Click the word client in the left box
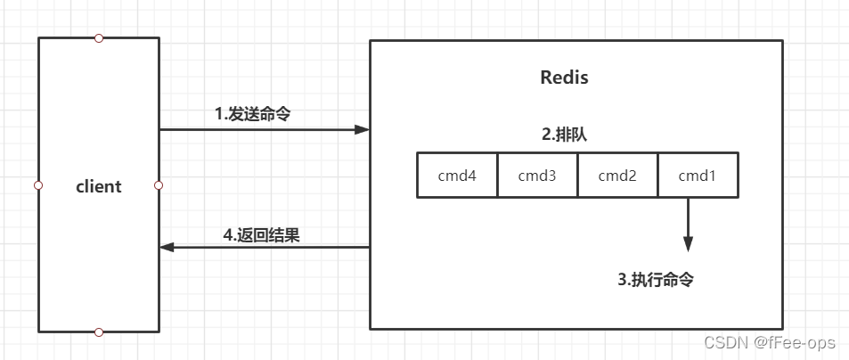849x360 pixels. [98, 187]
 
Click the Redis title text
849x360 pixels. [564, 78]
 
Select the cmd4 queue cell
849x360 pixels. [457, 176]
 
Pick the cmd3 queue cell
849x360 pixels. [537, 176]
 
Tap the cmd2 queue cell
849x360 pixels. [617, 176]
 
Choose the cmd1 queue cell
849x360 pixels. [698, 176]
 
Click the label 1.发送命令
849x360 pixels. [253, 114]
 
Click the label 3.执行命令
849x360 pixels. [656, 280]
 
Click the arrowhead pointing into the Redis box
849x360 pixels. [362, 130]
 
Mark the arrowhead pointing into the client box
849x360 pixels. [167, 247]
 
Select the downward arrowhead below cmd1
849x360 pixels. [688, 243]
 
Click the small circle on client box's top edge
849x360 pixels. [99, 38]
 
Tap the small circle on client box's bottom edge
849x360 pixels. [99, 332]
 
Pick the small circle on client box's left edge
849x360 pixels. [38, 185]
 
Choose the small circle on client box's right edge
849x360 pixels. [159, 185]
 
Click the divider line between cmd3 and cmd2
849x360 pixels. [577, 176]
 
